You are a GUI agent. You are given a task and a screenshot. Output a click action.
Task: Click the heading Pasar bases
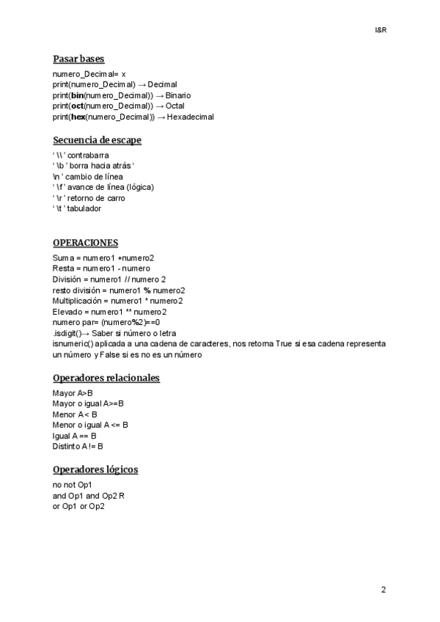pos(78,59)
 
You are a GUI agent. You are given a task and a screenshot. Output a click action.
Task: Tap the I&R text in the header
pos(380,30)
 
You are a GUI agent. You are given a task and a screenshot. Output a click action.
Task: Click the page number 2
pos(384,590)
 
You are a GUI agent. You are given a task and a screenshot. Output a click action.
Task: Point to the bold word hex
pos(78,117)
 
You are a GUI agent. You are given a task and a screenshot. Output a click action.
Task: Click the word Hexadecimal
pos(190,117)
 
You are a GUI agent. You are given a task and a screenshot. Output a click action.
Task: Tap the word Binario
pos(178,95)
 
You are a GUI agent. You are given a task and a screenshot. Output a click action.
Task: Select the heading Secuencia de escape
pos(97,140)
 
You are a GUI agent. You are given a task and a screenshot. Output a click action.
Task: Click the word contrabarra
pos(89,155)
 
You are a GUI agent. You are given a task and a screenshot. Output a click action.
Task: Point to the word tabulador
pos(84,208)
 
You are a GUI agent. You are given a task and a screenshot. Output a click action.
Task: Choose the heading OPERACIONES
pos(85,243)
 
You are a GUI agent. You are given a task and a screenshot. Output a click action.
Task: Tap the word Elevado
pos(67,311)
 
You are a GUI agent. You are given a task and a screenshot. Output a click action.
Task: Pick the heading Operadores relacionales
pos(106,378)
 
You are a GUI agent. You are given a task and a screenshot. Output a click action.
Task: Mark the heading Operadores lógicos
pos(95,469)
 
